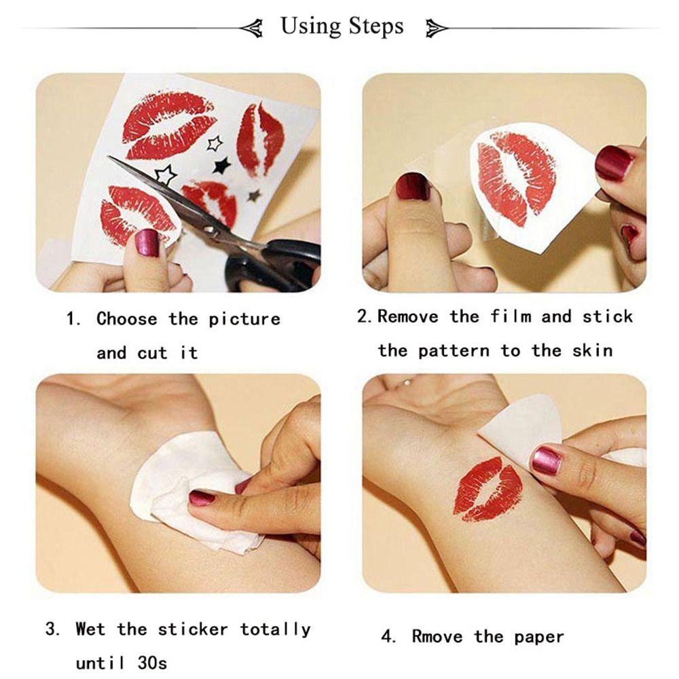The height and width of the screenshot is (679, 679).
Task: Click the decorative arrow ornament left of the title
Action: (x=252, y=29)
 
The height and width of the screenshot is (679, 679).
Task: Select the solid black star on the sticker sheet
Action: (x=222, y=165)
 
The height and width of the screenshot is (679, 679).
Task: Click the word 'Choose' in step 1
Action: (x=126, y=319)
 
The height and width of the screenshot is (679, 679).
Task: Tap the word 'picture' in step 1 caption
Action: (x=244, y=320)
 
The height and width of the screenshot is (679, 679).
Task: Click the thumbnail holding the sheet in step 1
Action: (x=147, y=243)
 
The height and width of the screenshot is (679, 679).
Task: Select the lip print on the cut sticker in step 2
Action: (x=516, y=178)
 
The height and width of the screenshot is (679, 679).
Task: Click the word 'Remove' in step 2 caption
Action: (x=407, y=316)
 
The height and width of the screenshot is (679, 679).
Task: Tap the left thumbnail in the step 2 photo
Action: (x=414, y=186)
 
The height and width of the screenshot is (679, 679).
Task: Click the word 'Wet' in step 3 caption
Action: (x=90, y=629)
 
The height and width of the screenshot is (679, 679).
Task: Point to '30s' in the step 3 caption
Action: (x=152, y=663)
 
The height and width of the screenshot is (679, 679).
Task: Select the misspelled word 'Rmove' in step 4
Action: (x=437, y=637)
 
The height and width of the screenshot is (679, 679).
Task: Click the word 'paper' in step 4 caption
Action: (x=538, y=638)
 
